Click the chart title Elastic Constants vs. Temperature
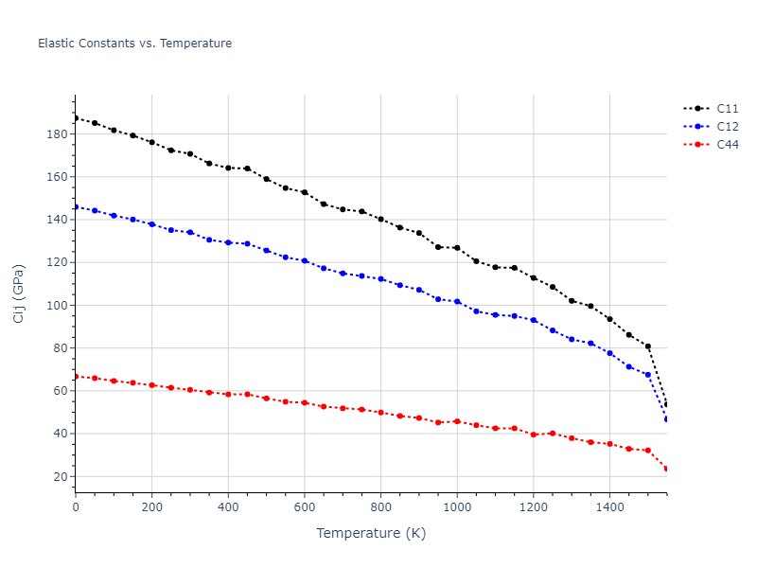134,44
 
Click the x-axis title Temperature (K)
371,533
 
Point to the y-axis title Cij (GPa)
20,293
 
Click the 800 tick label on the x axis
380,507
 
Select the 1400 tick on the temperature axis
609,507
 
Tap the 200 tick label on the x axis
152,507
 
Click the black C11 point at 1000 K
457,248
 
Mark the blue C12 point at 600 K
305,260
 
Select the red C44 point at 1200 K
534,435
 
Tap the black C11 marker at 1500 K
648,346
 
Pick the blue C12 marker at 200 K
151,224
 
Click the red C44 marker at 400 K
228,394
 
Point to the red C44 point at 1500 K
648,451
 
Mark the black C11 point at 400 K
228,168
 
